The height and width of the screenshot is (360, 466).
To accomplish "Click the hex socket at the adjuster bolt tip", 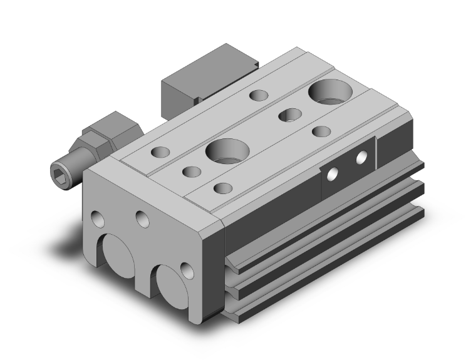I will pos(61,168).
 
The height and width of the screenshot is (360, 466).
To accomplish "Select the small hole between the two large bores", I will pos(289,115).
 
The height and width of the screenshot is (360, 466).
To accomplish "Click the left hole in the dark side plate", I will pos(334,175).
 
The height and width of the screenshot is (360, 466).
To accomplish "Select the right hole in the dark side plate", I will pos(361,158).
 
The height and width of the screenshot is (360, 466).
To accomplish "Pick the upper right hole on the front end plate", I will pos(142,219).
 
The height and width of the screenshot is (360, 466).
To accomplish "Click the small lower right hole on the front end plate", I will pos(186,270).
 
